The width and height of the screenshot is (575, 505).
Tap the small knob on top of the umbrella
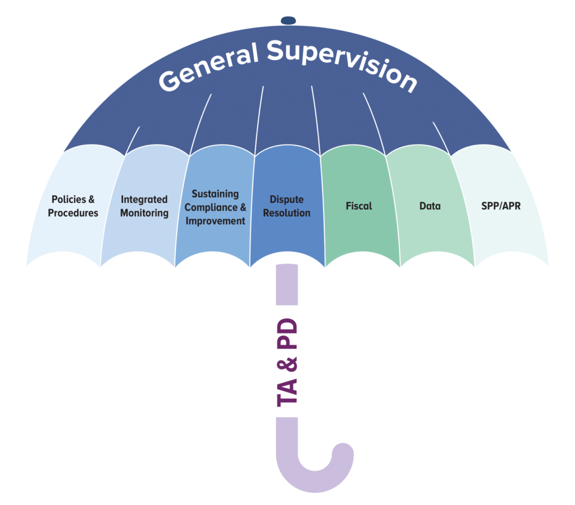[288, 20]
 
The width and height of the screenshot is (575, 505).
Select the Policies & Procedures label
[73, 206]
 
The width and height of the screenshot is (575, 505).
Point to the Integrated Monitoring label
[144, 206]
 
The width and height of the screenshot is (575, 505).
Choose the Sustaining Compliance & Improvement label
[216, 207]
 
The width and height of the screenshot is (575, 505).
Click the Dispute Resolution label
[286, 206]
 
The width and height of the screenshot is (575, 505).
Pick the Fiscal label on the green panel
[359, 206]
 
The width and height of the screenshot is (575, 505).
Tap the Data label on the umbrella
[430, 206]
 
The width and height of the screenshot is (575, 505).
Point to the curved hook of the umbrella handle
[314, 467]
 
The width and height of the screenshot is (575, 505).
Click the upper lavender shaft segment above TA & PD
[287, 284]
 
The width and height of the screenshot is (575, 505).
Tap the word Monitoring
[144, 213]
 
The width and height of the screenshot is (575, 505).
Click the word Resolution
[286, 213]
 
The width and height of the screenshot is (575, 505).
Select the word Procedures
[73, 213]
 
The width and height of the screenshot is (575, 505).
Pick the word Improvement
[216, 220]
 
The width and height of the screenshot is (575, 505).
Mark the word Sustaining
[216, 193]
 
